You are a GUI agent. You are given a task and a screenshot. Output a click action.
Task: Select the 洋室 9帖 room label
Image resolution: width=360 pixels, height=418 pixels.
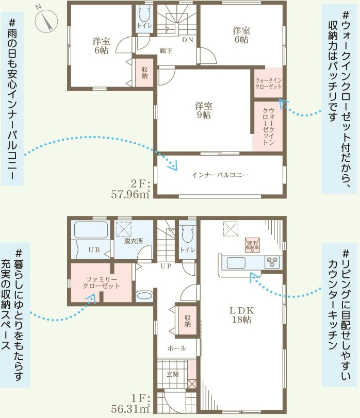point(204,110)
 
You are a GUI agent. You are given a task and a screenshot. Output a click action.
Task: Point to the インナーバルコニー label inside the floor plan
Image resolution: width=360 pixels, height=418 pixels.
point(220,175)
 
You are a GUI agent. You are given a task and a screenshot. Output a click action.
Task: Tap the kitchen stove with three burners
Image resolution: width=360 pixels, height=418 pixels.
point(272,262)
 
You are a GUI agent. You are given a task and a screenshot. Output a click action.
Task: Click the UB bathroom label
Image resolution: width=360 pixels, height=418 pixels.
point(94,250)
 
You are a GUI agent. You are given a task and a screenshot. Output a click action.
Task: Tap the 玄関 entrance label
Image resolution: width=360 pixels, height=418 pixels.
point(172,375)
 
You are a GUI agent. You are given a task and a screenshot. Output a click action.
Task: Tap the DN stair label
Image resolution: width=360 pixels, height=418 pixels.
point(187,40)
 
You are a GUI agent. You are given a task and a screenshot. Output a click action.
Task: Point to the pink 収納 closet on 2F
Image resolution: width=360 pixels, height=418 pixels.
point(144,72)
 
